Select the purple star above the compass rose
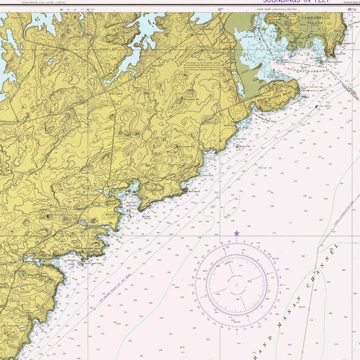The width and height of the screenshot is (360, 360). [236, 233]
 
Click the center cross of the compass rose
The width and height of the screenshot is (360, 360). [237, 285]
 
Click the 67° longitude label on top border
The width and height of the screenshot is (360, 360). [221, 9]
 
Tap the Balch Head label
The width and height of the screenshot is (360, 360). [112, 214]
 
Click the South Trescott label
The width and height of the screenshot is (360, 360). [90, 196]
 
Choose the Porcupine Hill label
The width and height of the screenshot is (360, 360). [186, 147]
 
